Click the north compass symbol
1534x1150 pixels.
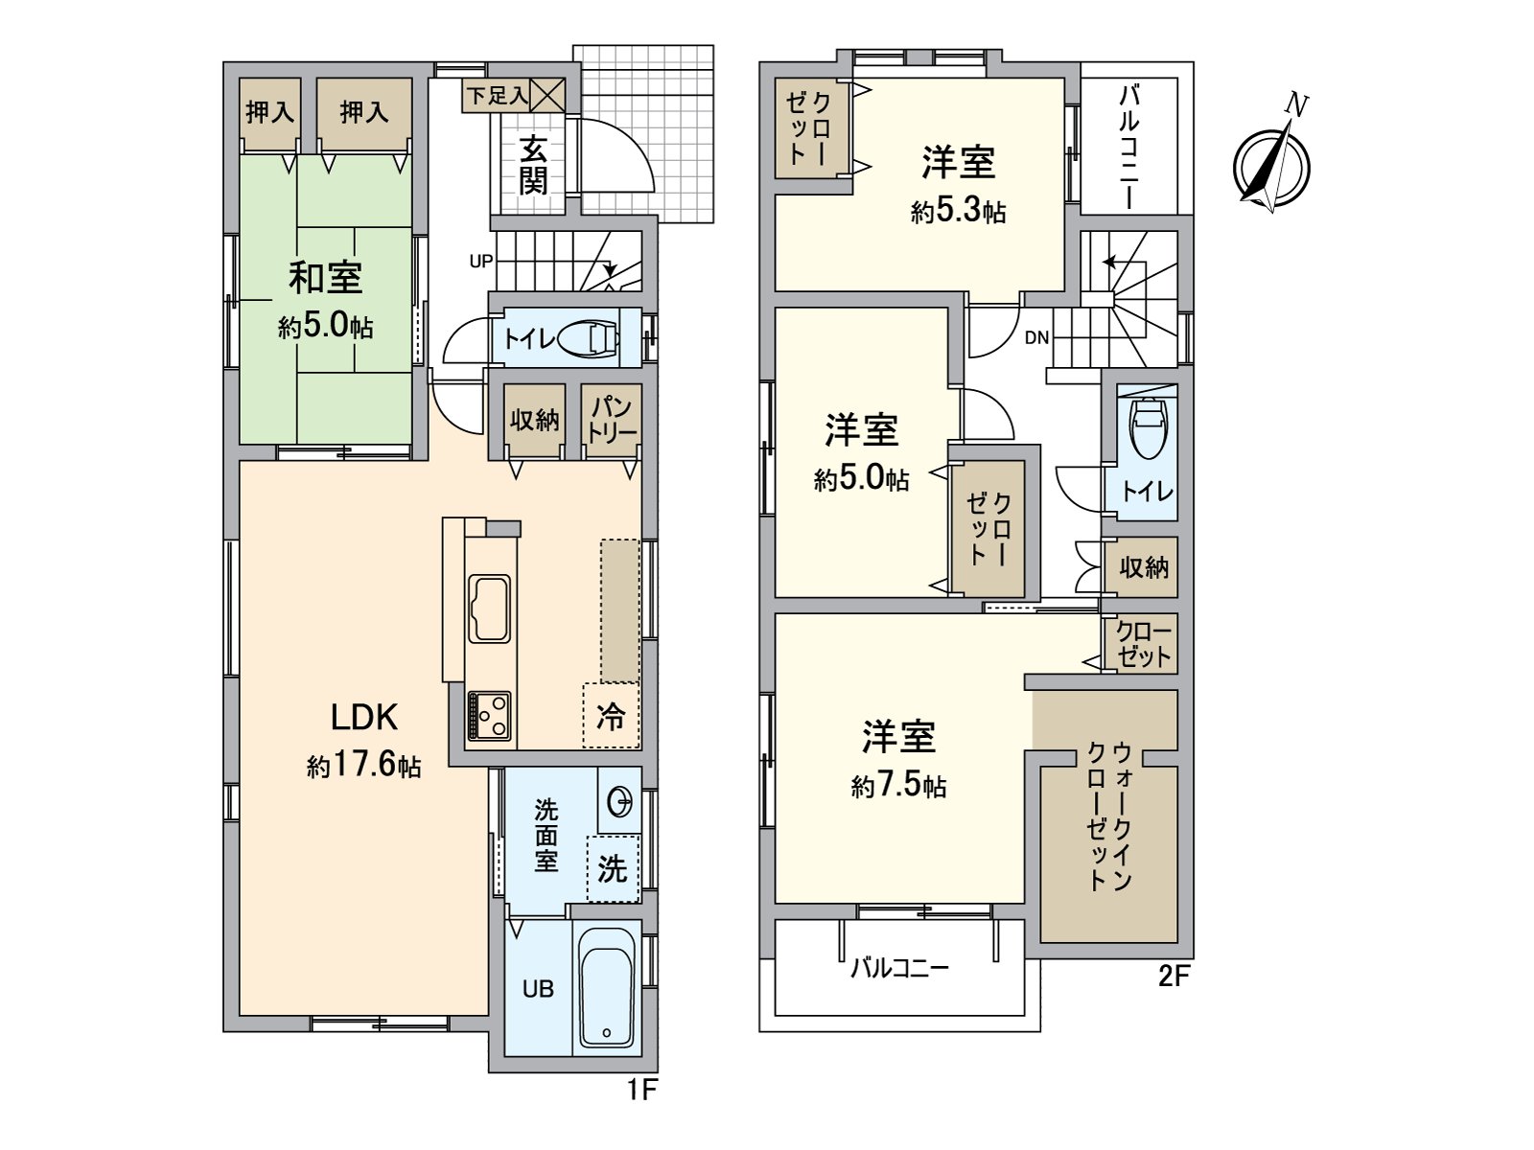(x=1271, y=166)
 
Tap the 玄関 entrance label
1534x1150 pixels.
(x=533, y=165)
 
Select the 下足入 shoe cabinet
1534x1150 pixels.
(x=513, y=96)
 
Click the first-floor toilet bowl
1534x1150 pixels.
(x=588, y=337)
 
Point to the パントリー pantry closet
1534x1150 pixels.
(x=612, y=420)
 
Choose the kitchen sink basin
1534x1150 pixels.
(x=489, y=609)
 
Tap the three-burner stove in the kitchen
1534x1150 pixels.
(x=489, y=715)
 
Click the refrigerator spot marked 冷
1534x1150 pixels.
(x=611, y=715)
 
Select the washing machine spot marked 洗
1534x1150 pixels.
(x=613, y=868)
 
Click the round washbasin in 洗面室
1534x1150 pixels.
(x=620, y=799)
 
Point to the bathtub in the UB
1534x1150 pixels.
(x=607, y=987)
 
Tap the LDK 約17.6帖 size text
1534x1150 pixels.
(x=364, y=766)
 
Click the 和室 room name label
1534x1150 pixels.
(x=326, y=278)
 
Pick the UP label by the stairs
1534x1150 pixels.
(x=481, y=261)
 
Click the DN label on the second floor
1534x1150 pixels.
(x=1036, y=337)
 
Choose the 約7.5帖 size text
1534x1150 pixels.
(x=898, y=786)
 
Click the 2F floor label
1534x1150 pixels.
(x=1174, y=977)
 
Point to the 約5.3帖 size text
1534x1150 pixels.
(x=958, y=211)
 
